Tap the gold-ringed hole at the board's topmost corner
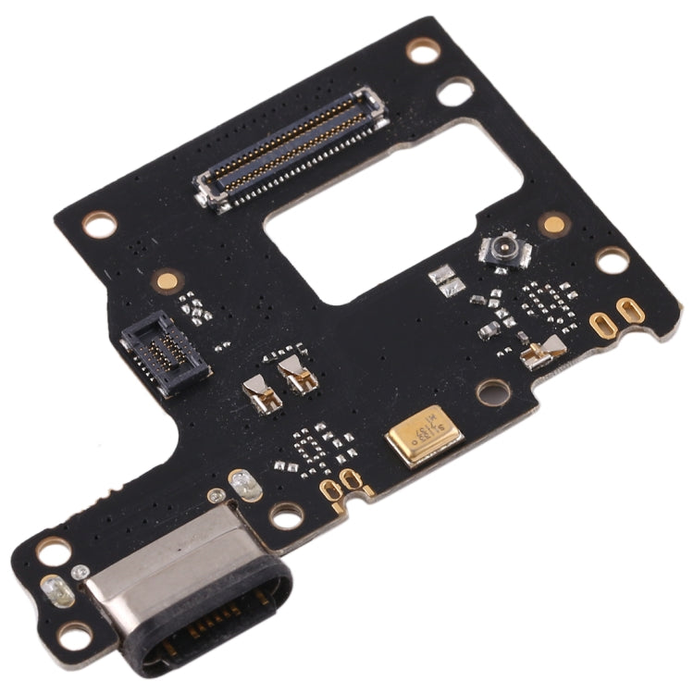(423, 50)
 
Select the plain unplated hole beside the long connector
(455, 92)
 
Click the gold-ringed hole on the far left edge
(98, 223)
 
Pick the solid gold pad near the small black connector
(167, 279)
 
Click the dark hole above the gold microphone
(492, 391)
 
